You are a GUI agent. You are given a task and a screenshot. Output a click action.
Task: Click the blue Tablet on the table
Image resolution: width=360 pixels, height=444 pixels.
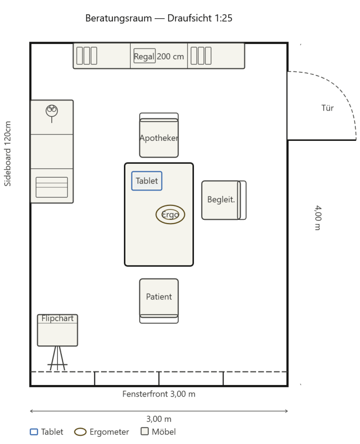(x=146, y=181)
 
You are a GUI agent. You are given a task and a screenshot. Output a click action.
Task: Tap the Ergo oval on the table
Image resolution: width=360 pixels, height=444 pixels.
(x=170, y=215)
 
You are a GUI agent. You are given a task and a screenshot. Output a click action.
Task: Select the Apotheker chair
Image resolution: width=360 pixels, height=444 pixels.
(x=159, y=135)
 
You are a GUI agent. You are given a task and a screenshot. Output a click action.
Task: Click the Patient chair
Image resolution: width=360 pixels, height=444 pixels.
(x=159, y=301)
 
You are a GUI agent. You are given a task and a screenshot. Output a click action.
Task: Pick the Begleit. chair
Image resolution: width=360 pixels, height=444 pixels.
(x=224, y=200)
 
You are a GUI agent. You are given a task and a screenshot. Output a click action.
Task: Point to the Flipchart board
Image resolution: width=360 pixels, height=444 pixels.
(x=57, y=330)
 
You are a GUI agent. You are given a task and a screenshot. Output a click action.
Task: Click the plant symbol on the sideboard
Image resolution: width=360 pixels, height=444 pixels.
(x=52, y=113)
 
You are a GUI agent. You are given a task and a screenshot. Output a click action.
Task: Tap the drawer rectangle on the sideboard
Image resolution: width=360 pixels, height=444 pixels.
(x=52, y=187)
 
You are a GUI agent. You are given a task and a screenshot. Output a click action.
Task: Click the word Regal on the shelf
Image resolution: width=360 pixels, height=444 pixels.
(x=144, y=57)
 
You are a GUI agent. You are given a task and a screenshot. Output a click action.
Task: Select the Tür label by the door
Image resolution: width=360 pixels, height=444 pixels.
(x=327, y=108)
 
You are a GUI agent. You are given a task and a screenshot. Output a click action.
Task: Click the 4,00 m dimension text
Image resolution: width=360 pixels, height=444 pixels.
(x=318, y=218)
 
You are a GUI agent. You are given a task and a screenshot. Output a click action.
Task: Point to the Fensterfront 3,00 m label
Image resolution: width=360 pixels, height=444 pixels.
(x=159, y=394)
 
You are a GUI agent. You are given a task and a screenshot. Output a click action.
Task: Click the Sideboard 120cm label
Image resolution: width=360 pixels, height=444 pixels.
(x=8, y=154)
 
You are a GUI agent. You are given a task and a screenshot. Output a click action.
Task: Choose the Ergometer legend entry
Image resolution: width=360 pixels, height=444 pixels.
(x=101, y=432)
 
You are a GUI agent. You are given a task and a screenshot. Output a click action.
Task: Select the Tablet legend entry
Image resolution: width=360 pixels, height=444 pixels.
(x=47, y=432)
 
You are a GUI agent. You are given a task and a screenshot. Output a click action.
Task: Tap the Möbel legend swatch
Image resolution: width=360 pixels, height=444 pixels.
(x=145, y=431)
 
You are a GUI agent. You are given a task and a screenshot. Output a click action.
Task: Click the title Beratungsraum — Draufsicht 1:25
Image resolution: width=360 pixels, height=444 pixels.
(x=159, y=18)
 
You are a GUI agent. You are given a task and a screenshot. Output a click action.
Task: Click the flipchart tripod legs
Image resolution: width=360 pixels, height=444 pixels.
(x=57, y=358)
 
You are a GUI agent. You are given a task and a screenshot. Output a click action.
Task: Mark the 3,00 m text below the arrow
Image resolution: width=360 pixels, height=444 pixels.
(x=159, y=419)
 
